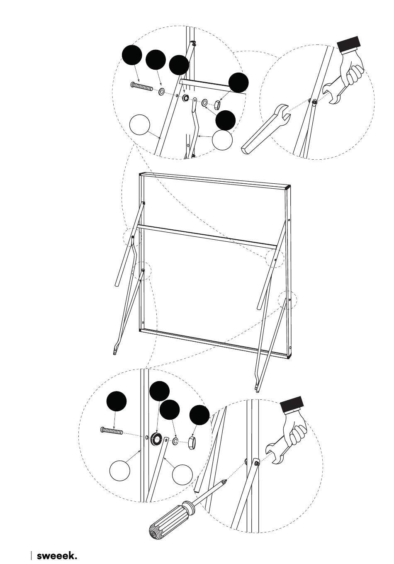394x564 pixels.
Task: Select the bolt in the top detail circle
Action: coord(142,86)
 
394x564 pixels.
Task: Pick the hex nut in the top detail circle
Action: coord(217,104)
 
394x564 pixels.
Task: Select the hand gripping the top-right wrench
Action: coord(351,69)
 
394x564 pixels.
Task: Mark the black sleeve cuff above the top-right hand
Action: coord(349,44)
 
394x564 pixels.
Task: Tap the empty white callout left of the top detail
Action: coord(139,125)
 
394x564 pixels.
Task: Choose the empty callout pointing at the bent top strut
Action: coord(222,140)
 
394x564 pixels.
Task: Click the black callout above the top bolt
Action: coord(132,55)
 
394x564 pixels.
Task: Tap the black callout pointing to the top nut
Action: coord(238,83)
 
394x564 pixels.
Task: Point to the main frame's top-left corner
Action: coord(139,173)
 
